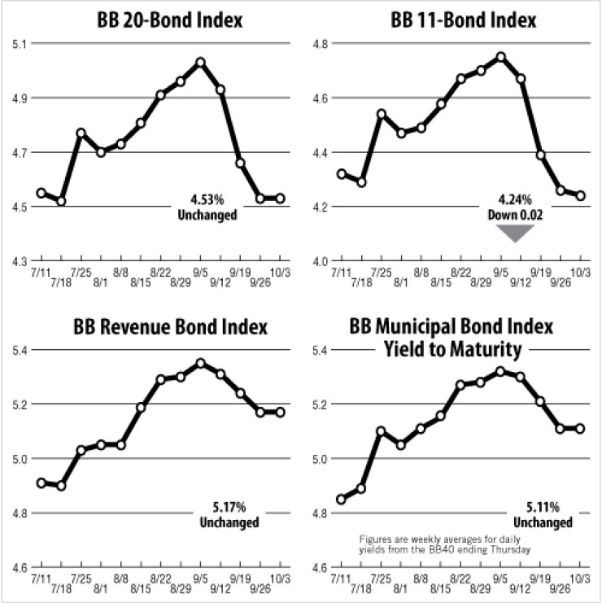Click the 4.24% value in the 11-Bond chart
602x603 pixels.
pyautogui.click(x=515, y=199)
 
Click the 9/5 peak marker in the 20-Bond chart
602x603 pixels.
pyautogui.click(x=200, y=62)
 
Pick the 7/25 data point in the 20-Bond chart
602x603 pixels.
pyautogui.click(x=81, y=133)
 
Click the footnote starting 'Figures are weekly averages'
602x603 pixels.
pyautogui.click(x=445, y=544)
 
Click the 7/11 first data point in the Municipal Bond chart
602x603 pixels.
pyautogui.click(x=341, y=499)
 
